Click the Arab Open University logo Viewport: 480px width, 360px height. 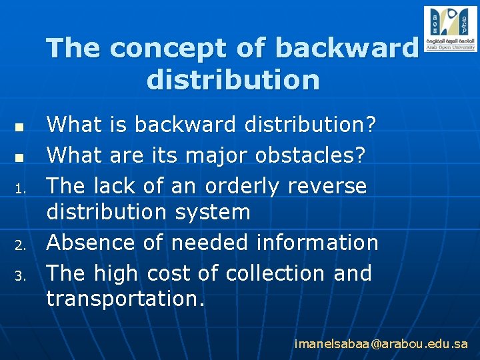(450, 29)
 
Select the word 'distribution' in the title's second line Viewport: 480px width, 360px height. (233, 80)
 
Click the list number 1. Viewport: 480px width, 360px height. (21, 189)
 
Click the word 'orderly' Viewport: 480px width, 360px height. (242, 186)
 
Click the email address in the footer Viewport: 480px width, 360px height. (381, 344)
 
